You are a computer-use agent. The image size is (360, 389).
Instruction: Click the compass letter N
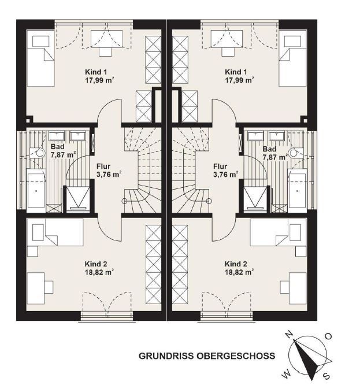click(x=289, y=335)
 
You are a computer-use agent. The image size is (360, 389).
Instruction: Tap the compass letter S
click(x=327, y=376)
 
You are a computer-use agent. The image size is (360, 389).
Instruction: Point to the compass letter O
click(x=328, y=336)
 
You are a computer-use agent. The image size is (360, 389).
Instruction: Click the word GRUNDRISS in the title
click(x=166, y=356)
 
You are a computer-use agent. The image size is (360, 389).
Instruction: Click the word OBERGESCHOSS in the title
click(x=236, y=356)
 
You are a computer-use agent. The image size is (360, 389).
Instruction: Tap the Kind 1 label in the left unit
click(x=96, y=72)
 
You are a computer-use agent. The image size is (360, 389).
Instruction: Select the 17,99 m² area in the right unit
click(x=239, y=80)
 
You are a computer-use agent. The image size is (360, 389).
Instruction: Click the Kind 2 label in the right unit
click(x=236, y=264)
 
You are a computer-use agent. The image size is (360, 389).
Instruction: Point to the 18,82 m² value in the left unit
click(x=99, y=272)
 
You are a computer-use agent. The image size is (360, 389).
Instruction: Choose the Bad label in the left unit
click(x=57, y=147)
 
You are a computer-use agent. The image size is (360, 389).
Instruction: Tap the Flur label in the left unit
click(x=103, y=166)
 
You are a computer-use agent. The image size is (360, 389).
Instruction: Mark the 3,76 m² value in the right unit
click(x=225, y=175)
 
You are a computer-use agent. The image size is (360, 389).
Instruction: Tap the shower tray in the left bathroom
click(x=78, y=199)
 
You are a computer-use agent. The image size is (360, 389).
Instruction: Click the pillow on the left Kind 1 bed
click(x=40, y=41)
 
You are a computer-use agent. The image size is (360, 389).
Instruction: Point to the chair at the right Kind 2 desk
click(x=285, y=287)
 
